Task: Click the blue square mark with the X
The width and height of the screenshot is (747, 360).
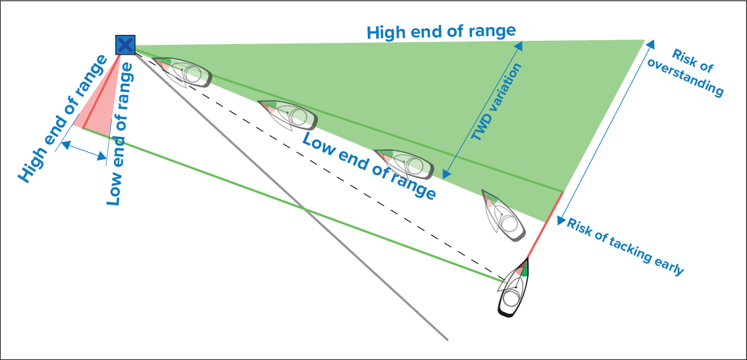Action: point(125,45)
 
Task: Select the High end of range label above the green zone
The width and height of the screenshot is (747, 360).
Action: point(441,31)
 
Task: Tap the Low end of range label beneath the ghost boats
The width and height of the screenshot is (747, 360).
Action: point(369,165)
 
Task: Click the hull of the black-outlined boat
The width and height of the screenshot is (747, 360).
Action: point(512,297)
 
